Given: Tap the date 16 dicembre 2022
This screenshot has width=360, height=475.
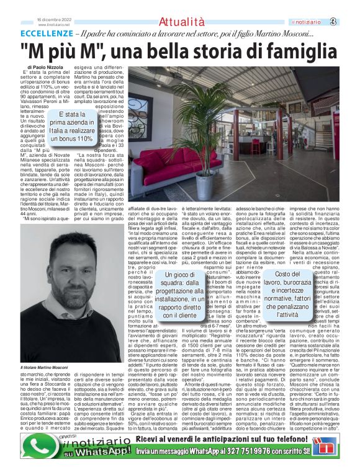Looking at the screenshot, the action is (54, 20).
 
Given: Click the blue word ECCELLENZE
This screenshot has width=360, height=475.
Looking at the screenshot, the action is (47, 33).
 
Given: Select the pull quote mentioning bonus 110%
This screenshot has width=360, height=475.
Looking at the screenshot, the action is (71, 127).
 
